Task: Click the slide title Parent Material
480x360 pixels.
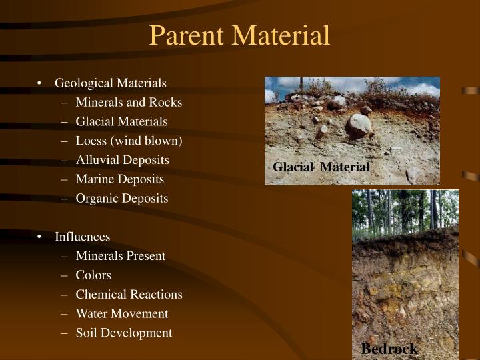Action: point(239,35)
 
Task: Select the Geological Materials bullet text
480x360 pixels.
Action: point(111,83)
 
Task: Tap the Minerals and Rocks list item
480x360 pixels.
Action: point(129,103)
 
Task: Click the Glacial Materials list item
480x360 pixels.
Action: point(121,121)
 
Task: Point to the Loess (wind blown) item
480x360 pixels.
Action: point(129,141)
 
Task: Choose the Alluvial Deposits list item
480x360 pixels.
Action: point(122,160)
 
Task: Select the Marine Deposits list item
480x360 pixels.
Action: point(119,179)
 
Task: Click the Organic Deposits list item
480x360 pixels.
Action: point(122,198)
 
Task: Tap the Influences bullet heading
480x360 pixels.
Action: point(83,237)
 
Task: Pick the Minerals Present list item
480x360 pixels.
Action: point(121,256)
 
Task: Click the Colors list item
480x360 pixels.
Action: point(93,275)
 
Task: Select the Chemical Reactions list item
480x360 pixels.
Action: point(129,294)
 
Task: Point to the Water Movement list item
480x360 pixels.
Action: point(122,313)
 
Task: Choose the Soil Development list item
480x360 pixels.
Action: point(124,333)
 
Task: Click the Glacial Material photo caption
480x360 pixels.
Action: point(321,167)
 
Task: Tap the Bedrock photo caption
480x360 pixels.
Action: point(389,349)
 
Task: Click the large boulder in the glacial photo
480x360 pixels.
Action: point(359,125)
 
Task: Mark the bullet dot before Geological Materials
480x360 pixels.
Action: point(41,84)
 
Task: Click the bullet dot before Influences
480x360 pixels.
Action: point(41,237)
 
